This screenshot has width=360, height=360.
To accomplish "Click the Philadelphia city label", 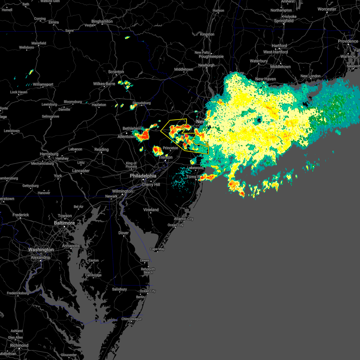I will pos(143,176).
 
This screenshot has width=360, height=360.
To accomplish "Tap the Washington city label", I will pos(41,250).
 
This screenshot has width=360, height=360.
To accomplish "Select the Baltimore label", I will pos(64,223).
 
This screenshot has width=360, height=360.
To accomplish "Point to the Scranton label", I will pos(116,72).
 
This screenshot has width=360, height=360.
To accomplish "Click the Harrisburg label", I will pos(49,154).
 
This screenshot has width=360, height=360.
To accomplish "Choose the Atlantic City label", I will pos(184,219).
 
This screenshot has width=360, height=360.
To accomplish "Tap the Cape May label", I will pos(157,249).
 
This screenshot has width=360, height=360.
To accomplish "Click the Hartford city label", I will pos(279,46).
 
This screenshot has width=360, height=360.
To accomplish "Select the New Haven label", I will pos(265,79).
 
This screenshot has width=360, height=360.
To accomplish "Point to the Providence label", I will pos(348,41).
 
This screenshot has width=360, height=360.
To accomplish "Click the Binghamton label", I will pos(102,21).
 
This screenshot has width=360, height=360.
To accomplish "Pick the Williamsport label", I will pos(43,84).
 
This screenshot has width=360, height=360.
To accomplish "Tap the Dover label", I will pos(124,233).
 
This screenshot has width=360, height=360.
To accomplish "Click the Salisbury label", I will pos(119,289).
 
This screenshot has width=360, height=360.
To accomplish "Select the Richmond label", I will pos(19,345).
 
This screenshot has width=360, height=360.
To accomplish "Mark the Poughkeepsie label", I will pos(211,56).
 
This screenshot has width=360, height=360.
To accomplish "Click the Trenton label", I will pos(166,157).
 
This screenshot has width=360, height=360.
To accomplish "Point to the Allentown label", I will pos(126,136).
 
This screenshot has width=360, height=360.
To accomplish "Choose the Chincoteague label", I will pos(131,319).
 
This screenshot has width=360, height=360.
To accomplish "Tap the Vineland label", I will pos(151,210).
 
